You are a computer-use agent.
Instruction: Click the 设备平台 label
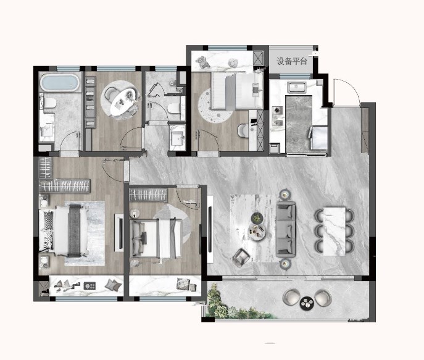(292, 61)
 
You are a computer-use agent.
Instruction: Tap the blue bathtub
(60, 83)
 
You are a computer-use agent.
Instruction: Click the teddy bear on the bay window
(203, 62)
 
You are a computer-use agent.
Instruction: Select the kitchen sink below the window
(298, 87)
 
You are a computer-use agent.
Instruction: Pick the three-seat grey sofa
(286, 229)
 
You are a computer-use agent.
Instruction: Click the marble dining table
(335, 231)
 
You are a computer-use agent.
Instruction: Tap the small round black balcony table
(307, 303)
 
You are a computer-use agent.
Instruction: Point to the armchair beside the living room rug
(241, 257)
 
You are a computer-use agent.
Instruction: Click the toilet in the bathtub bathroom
(49, 103)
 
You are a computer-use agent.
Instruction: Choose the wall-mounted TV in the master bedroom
(119, 233)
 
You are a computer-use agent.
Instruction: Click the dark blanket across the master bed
(74, 231)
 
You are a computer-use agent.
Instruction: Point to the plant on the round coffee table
(257, 217)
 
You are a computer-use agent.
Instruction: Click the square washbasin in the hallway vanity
(177, 138)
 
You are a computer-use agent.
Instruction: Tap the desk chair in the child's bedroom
(243, 130)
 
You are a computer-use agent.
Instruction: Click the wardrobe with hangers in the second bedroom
(148, 195)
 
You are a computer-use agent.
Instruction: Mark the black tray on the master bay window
(89, 286)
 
